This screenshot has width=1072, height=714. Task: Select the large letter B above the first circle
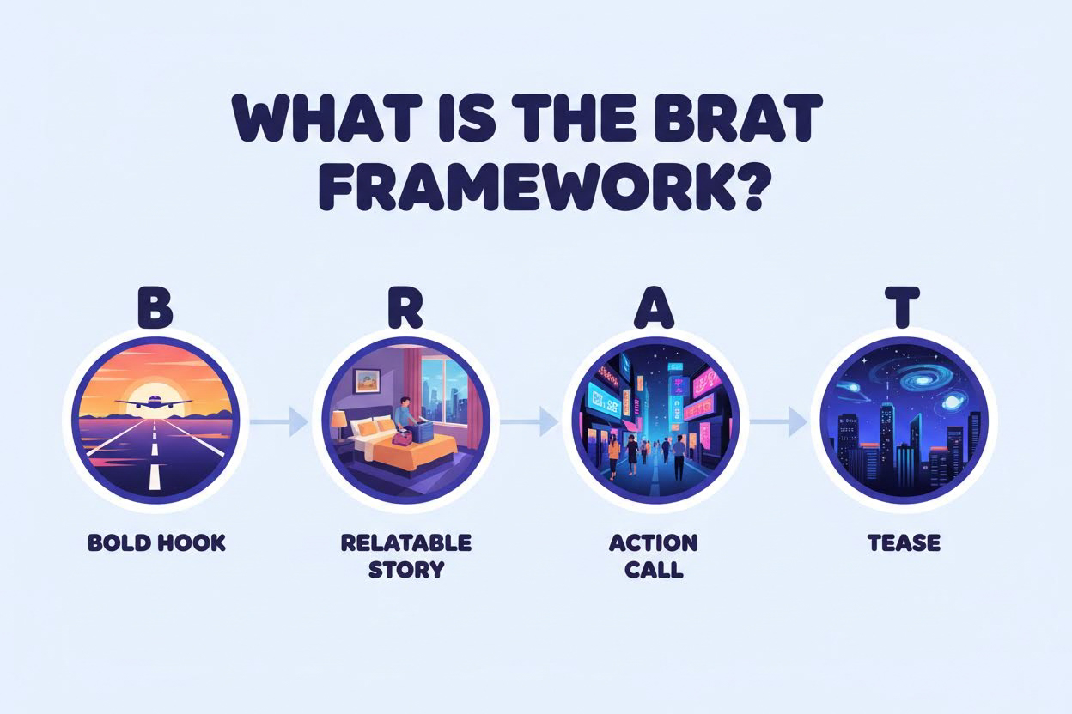pos(155,310)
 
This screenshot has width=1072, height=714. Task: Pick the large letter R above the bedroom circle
pos(405,310)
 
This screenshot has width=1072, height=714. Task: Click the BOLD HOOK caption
pos(156,543)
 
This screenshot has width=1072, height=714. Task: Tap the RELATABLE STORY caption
pos(406,556)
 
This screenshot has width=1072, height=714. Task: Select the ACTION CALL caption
pos(653,556)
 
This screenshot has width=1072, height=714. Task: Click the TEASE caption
pos(904,543)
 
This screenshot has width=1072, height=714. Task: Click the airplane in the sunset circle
pos(155,403)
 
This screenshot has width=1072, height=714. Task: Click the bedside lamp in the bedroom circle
pos(338,421)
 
